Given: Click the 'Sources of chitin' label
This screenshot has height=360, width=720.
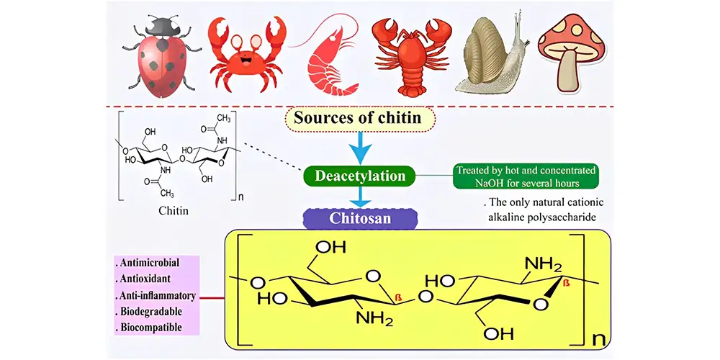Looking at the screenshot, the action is click(x=357, y=117).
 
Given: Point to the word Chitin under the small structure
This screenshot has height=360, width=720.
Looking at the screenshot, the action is click(x=174, y=212).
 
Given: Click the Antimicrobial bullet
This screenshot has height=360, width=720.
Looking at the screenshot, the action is click(x=148, y=264).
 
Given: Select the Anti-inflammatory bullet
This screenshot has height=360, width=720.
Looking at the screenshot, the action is click(x=156, y=295).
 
